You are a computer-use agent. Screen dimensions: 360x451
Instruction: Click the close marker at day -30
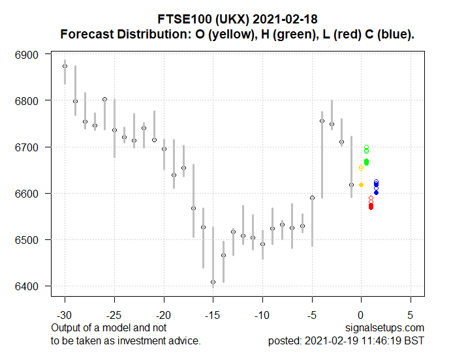coord(65,66)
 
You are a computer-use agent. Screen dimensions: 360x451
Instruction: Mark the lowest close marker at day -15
coord(213,282)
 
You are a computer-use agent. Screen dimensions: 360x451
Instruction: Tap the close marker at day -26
coord(104,99)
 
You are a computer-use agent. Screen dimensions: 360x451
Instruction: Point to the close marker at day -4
coord(322,121)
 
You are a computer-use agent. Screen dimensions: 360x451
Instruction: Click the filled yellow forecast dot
coord(361,185)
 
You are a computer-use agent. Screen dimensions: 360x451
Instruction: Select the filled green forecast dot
coord(366,162)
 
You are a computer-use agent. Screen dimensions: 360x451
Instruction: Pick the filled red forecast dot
coord(371,207)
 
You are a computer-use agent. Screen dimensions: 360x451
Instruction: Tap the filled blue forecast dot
coord(376,192)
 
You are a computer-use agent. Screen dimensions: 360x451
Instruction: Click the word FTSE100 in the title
coord(179,18)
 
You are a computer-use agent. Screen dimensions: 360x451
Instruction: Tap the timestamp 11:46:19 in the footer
coord(385,340)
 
